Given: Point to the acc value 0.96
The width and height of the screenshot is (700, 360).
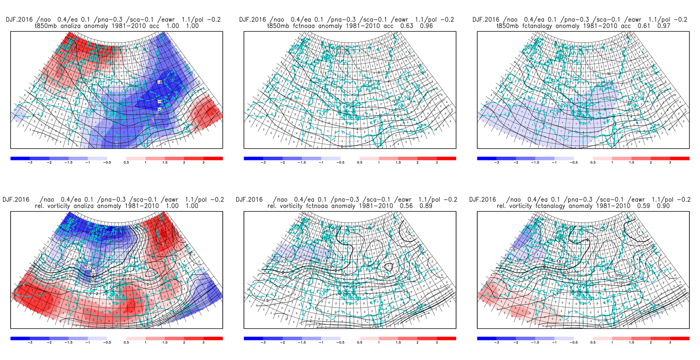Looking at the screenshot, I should pos(427,26).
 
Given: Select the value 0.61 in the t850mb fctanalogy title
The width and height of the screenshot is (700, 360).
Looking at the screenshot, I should pos(644,26).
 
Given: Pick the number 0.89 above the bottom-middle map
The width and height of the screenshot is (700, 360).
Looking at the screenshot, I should pos(426,206).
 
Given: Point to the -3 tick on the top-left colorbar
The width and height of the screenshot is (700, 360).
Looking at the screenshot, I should pos(30,163).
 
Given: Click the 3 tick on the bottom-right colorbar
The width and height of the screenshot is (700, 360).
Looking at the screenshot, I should pos(670,343).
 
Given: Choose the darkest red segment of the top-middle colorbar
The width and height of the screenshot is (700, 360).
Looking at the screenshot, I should pos(446,159).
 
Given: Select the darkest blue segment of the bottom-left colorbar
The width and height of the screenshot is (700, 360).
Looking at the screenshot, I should pos(20,339).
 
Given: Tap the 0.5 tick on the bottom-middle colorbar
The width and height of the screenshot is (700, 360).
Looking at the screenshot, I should pos(359,343).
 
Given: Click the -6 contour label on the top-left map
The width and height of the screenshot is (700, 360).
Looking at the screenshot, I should pos(159,82).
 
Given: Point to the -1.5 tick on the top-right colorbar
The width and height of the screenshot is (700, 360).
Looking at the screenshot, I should pos(535,163).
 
